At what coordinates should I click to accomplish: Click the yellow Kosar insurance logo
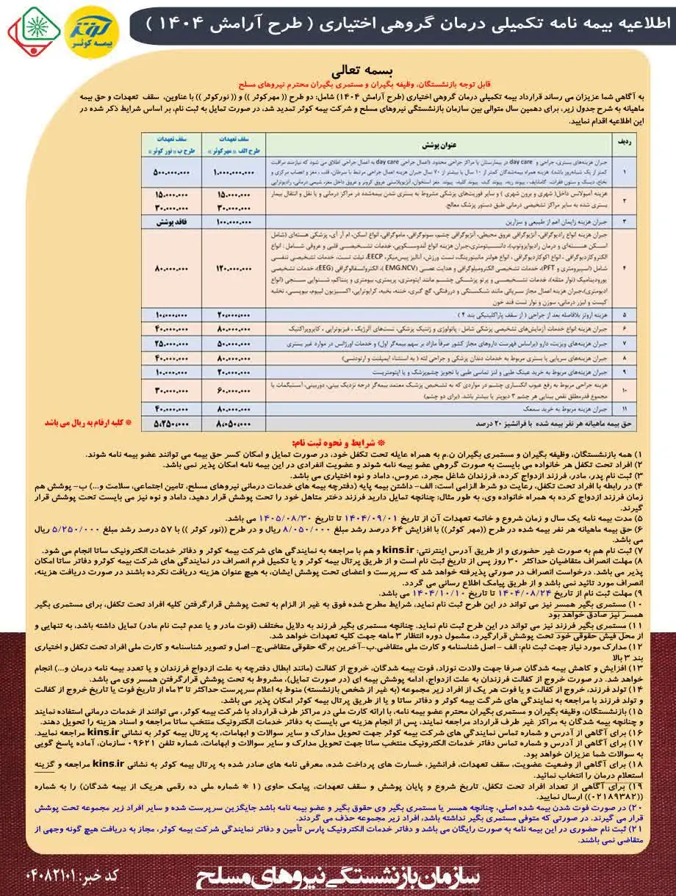[x=90, y=31]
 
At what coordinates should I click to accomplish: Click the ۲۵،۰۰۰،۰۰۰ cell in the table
[x=172, y=343]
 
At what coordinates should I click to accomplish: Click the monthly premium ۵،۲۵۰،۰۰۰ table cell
[x=172, y=424]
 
